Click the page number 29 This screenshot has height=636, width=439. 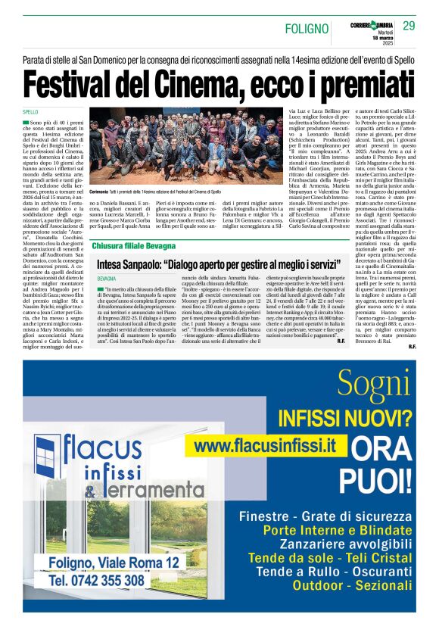click(x=409, y=26)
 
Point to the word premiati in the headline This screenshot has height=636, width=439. click(x=360, y=83)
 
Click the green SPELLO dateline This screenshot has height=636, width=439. click(x=30, y=111)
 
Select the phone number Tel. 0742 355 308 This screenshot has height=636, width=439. click(x=98, y=580)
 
